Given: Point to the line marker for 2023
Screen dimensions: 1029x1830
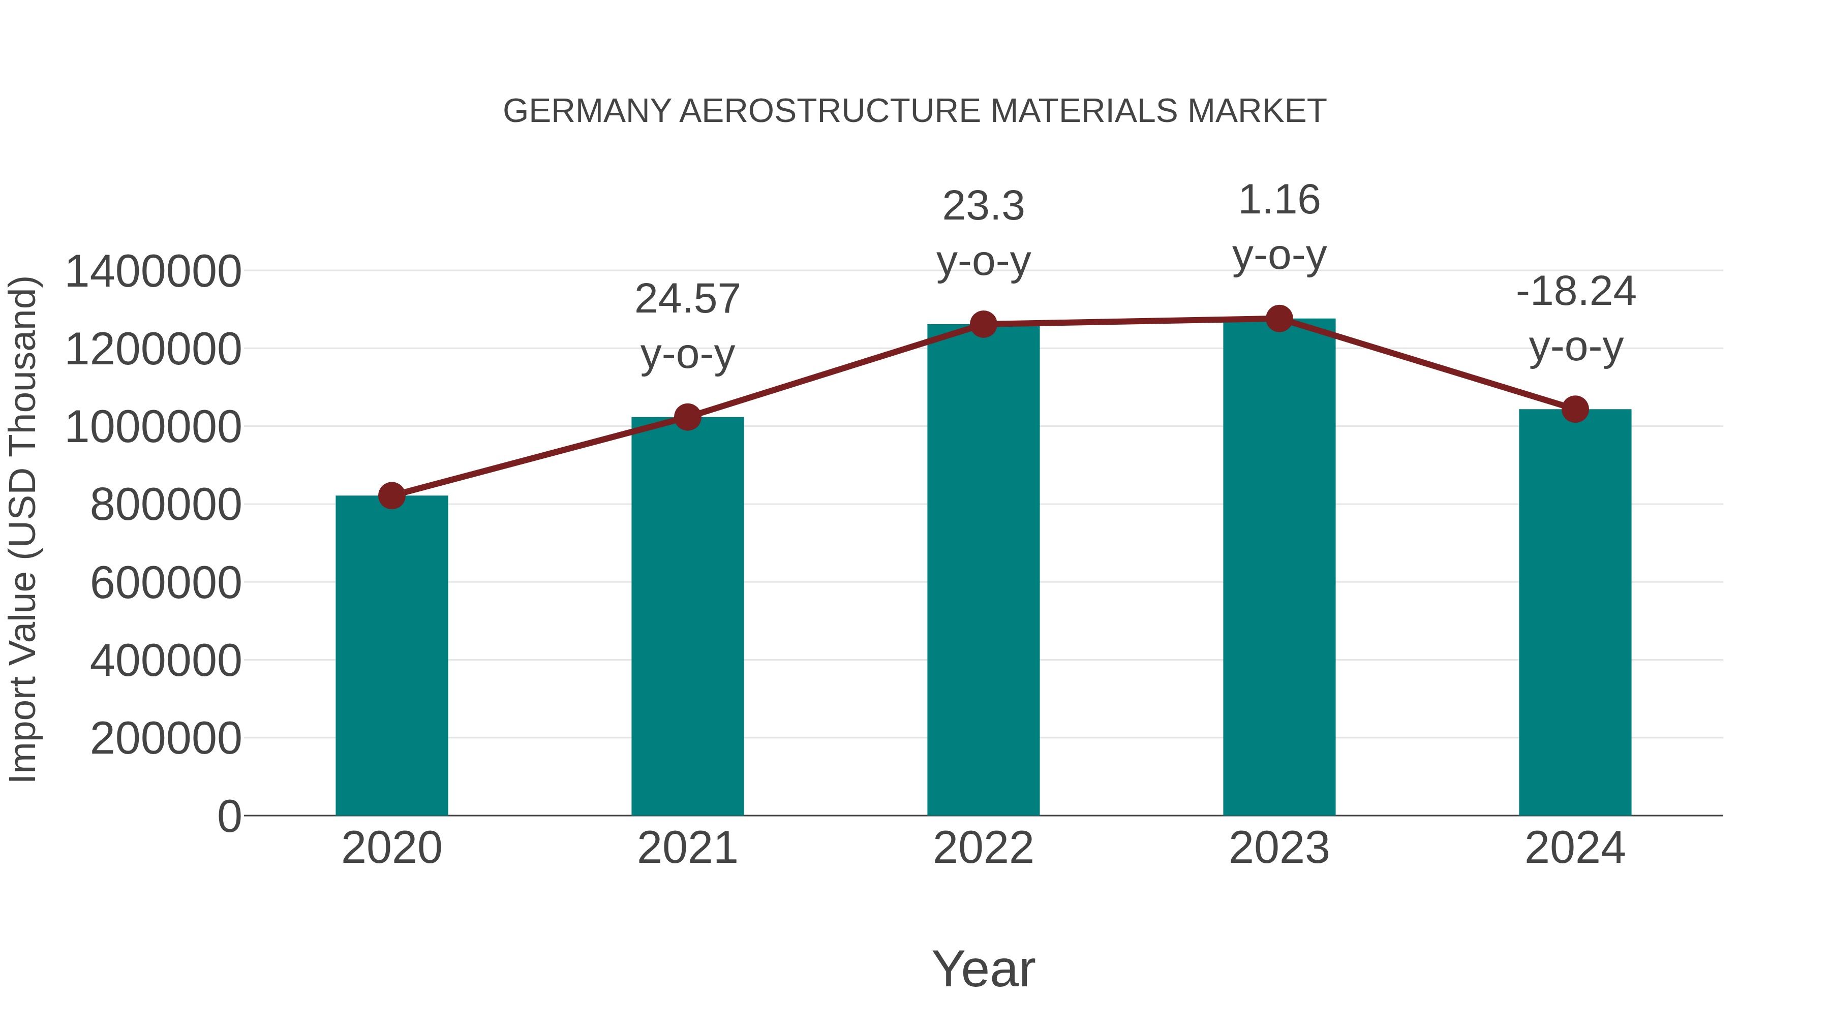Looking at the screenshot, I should pos(1279,319).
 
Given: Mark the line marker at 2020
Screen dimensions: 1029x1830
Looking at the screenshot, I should pos(391,495).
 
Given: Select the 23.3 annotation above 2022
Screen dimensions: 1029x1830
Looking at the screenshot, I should pos(983,207).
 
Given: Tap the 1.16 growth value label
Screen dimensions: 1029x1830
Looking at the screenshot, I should pos(1279,200).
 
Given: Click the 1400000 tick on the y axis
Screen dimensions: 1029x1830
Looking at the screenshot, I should pos(152,271).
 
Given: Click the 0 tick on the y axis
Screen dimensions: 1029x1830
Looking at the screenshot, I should pos(229,816).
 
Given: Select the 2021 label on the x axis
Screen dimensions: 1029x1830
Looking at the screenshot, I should pos(687,848).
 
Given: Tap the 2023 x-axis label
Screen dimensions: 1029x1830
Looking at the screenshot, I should pos(1279,848).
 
